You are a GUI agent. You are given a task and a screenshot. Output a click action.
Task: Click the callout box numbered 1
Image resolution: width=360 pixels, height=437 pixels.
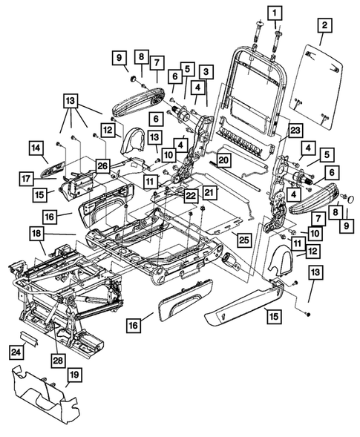click(x=275, y=13)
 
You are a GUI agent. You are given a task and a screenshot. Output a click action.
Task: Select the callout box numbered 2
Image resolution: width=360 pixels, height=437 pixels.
click(x=323, y=27)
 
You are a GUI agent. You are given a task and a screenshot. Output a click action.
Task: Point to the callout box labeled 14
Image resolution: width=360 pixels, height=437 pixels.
click(x=36, y=148)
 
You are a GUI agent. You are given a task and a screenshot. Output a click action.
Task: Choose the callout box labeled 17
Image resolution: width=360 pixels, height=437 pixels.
click(x=27, y=178)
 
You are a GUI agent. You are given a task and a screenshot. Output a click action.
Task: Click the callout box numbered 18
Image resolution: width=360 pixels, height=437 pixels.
click(x=35, y=234)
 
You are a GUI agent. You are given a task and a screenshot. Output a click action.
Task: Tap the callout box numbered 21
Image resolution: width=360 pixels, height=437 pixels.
click(x=209, y=193)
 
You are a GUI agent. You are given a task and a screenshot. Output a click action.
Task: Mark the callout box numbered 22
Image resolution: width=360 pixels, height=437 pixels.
click(x=192, y=195)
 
